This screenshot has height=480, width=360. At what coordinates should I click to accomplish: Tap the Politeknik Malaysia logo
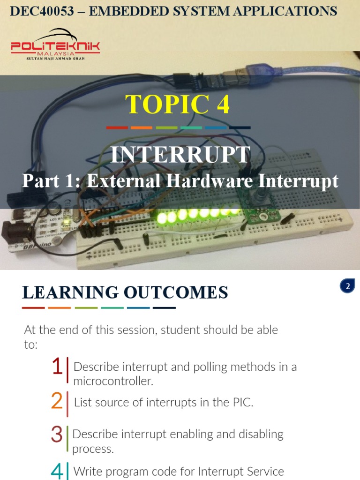[x=55, y=45]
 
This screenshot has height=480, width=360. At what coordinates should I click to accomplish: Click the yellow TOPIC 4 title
[x=178, y=104]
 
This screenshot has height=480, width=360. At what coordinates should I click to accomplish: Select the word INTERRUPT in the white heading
[x=180, y=155]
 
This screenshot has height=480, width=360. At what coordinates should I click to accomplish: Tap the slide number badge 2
[x=348, y=286]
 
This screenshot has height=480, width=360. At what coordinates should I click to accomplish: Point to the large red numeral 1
[x=57, y=367]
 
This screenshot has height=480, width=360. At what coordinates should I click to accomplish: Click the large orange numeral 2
[x=57, y=402]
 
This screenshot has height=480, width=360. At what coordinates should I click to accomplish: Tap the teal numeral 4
[x=57, y=471]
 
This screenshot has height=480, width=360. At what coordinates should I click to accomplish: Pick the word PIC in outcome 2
[x=242, y=402]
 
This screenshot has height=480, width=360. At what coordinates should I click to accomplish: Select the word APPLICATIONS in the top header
[x=285, y=11]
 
